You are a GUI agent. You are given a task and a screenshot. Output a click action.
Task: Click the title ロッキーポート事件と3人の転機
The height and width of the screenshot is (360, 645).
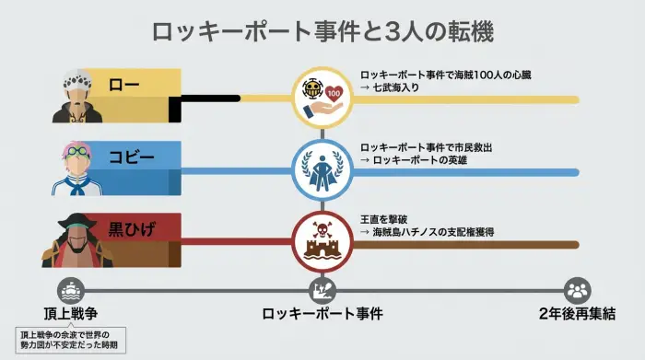[x=322, y=31]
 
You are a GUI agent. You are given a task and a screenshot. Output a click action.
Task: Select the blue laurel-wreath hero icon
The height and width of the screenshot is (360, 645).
[x=322, y=168]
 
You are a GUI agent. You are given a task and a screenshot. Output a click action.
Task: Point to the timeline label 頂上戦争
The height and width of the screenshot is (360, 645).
[x=72, y=313]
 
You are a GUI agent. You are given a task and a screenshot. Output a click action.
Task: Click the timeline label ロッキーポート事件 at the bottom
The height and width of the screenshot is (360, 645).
[x=322, y=313]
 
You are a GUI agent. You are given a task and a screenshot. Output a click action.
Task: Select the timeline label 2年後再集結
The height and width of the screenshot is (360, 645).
[x=578, y=313]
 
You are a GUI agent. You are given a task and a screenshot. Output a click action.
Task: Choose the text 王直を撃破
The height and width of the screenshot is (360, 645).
[x=388, y=219]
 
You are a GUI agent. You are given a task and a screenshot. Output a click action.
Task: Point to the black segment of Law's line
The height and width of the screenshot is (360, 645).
[x=207, y=99]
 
